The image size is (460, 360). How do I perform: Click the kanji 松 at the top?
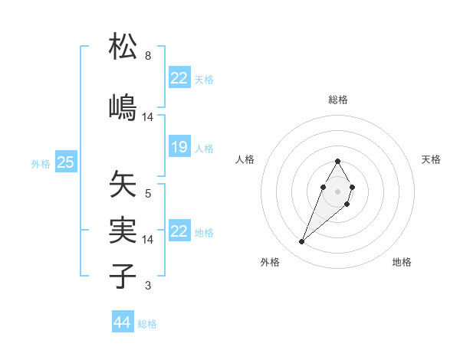pos(123,47)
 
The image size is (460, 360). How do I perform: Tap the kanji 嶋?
pos(123,106)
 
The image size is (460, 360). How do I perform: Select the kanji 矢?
pos(123,185)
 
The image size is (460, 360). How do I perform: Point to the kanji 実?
pos(123,229)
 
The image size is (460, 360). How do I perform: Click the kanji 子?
pos(123,275)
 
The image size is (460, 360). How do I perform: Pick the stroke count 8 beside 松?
pos(148,56)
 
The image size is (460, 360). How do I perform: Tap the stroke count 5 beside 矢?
pos(148,193)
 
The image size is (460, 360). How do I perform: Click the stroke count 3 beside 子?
pos(148,286)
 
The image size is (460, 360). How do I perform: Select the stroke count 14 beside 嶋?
pos(148,116)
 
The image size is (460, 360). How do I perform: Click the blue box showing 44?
pos(123,322)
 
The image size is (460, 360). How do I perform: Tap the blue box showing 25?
pos(65,162)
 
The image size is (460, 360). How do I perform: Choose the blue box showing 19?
pos(179,147)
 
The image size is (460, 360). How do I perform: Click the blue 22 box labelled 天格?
pos(179,78)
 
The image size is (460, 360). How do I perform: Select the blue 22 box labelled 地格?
pos(179,231)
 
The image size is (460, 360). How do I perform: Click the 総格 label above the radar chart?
pos(338,100)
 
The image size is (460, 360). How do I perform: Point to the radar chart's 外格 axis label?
pos(270,262)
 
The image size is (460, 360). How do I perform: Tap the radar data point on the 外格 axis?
pos(301,242)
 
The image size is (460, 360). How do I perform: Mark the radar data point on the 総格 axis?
pos(337,161)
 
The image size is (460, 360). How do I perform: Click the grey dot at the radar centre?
pos(337,191)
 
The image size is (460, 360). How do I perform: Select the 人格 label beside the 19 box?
pos(203,148)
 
